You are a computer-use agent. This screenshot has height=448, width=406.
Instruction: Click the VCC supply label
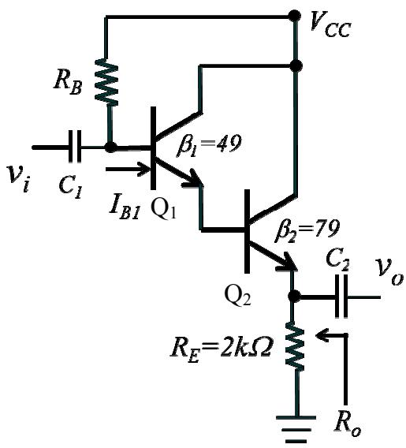click(330, 26)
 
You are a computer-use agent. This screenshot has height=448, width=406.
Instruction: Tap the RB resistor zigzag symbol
click(106, 83)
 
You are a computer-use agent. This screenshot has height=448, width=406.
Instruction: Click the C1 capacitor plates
click(75, 147)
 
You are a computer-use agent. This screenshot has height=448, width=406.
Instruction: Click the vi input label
click(19, 177)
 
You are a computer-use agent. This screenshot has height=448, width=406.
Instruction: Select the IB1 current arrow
click(129, 169)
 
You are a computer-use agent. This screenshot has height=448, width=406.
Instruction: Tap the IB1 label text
click(125, 210)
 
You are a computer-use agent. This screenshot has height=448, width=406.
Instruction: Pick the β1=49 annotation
click(209, 144)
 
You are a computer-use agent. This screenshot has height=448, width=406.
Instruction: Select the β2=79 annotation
click(307, 232)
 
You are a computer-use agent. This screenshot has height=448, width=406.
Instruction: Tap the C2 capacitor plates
click(341, 296)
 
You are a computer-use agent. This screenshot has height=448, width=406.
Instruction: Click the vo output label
click(389, 272)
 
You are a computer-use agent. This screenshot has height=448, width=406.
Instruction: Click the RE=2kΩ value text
click(221, 349)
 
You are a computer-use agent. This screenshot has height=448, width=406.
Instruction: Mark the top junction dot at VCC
click(294, 16)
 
